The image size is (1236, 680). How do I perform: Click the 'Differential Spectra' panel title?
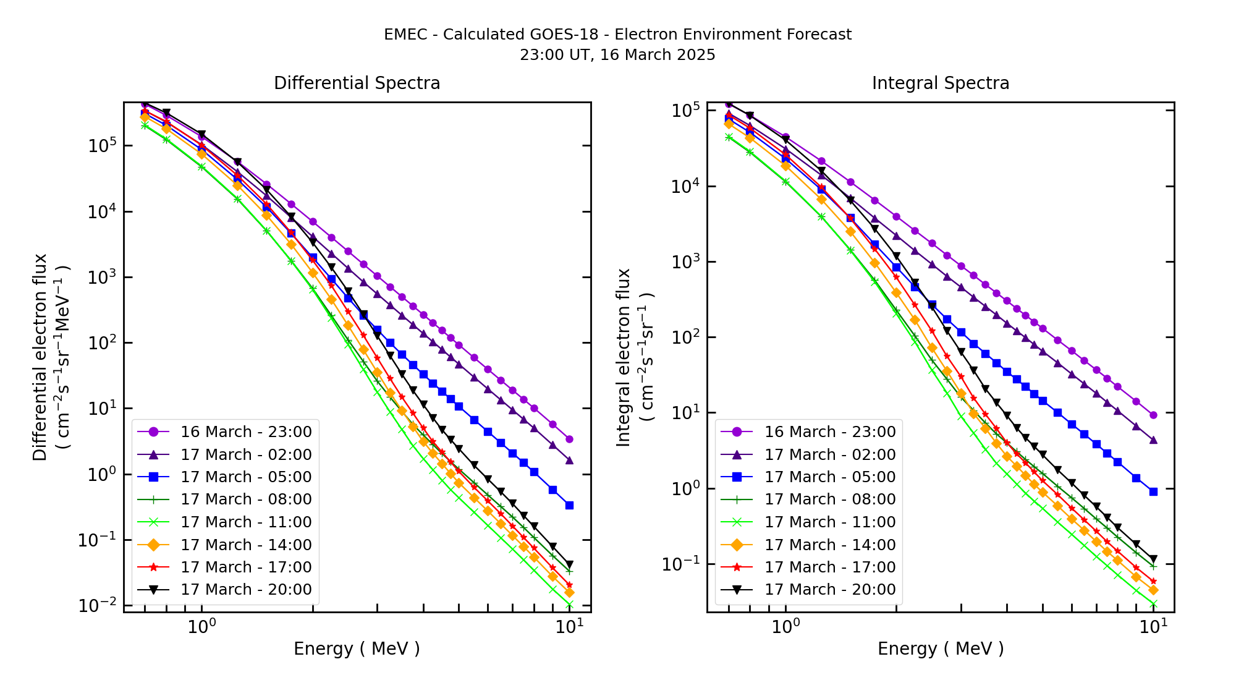coord(357,83)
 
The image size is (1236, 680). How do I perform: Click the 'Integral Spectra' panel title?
coord(940,83)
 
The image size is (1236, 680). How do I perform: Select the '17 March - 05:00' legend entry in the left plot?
coord(245,477)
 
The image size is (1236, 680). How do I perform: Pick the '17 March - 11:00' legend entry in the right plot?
coord(829,522)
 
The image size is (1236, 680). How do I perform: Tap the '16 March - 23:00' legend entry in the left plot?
coord(245,432)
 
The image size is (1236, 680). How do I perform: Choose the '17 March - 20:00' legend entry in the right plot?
coord(829,590)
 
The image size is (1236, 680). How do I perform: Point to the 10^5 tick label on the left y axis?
coord(102,146)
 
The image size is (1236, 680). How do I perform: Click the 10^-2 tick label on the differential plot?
coord(97,606)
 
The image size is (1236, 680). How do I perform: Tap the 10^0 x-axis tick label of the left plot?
coord(201,627)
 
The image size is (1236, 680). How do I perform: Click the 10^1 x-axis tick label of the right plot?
coord(1153,627)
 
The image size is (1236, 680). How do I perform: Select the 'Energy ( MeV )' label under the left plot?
coord(357,649)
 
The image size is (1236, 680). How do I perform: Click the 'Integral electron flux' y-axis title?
coord(624,357)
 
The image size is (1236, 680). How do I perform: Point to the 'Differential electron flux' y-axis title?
coord(40,357)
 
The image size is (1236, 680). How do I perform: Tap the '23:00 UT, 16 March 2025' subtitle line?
coord(617,55)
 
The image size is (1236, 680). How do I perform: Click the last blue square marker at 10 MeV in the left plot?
coord(569,506)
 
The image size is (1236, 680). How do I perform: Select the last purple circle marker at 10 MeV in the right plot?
coord(1153,415)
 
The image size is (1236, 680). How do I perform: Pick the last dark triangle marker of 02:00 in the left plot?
coord(569,461)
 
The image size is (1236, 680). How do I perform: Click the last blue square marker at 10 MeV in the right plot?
coord(1153,492)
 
